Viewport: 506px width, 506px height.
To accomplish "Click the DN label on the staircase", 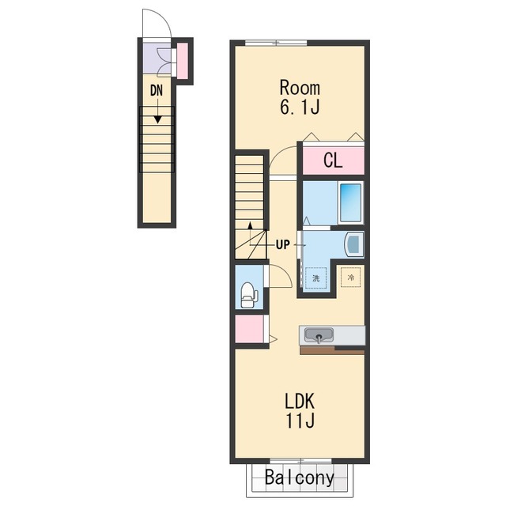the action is (157, 91).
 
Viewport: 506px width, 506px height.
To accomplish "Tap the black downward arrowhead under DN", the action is (157, 119).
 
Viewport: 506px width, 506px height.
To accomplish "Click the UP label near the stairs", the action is (283, 245).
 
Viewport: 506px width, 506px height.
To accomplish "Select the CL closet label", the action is (333, 160).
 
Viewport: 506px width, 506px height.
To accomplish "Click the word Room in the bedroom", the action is (300, 88).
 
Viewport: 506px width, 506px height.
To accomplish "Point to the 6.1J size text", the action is (300, 108).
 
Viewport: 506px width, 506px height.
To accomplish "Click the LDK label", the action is (300, 401).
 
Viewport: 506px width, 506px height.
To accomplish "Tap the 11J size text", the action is (300, 420).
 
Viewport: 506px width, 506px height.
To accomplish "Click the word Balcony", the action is (300, 478).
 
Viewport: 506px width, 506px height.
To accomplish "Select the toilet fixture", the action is (249, 295).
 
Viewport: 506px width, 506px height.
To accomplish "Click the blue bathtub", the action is (350, 202).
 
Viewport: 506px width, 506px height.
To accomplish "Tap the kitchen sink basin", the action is (319, 335).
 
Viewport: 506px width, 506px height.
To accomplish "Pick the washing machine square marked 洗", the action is (316, 278).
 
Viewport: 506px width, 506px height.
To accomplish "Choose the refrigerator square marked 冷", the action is (351, 277).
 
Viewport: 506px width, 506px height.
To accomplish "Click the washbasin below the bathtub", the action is (354, 244).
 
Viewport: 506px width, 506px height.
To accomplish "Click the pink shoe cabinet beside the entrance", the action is (183, 61).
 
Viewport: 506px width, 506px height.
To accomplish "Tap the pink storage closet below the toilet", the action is (250, 329).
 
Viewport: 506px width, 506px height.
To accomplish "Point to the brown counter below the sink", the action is (332, 350).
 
